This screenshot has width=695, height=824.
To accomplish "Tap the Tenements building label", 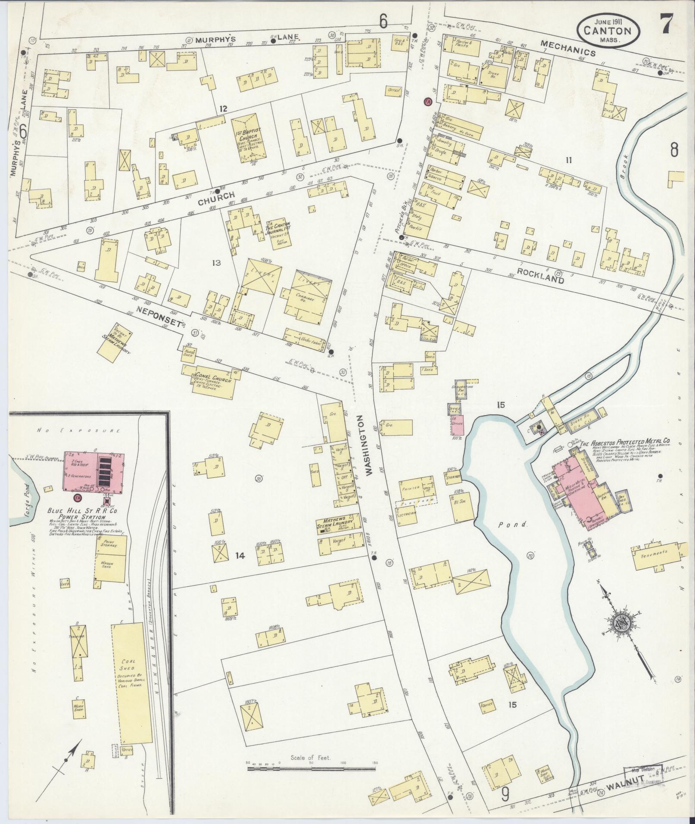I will (x=655, y=552).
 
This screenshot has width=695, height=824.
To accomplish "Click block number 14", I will (x=240, y=556).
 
